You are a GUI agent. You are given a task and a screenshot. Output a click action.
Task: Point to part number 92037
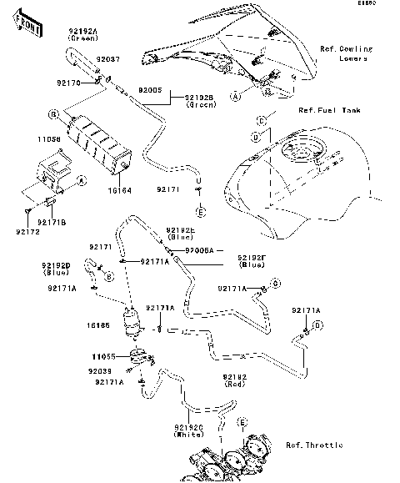108,60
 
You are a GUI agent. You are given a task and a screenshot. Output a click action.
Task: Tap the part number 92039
98,369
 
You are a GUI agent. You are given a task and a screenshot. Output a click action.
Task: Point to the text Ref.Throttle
313,445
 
